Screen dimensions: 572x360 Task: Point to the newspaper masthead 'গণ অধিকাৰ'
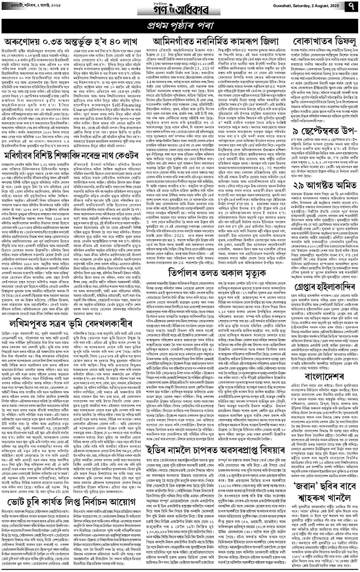(x=180, y=8)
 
